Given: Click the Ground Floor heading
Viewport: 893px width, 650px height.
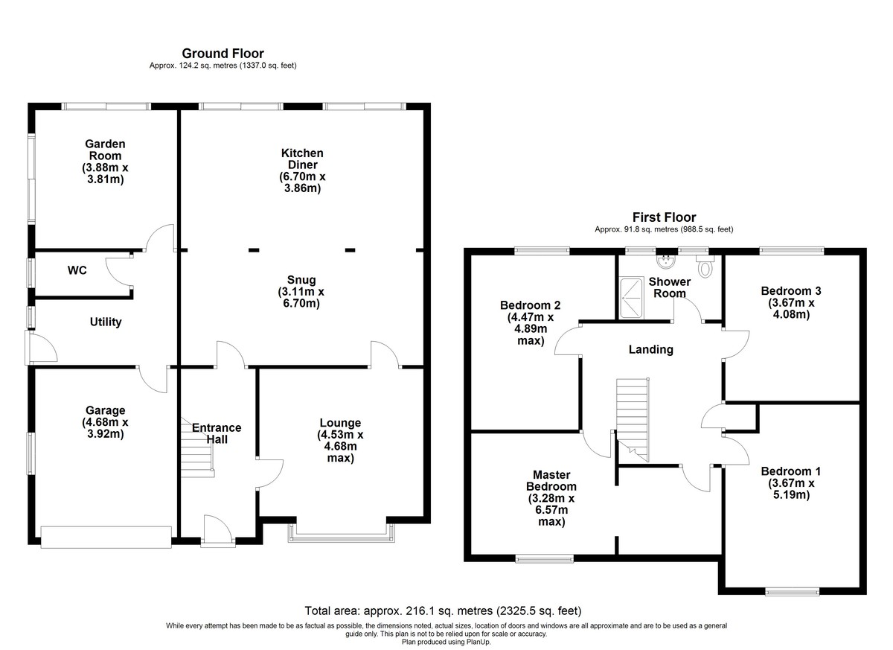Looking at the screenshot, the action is (x=223, y=54).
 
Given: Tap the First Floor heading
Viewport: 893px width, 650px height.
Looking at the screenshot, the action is (x=664, y=217).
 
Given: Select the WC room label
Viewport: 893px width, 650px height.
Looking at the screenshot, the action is (x=77, y=270).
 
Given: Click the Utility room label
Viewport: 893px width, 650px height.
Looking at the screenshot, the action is (x=106, y=322).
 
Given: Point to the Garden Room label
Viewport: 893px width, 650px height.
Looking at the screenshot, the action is (x=105, y=150).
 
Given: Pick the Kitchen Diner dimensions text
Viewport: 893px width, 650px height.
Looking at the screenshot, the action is (x=302, y=182).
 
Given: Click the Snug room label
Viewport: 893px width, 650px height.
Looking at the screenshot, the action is (x=301, y=279).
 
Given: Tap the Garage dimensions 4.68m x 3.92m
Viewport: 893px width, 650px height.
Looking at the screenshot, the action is (x=105, y=428).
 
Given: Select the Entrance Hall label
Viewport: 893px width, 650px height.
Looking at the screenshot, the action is (x=217, y=433).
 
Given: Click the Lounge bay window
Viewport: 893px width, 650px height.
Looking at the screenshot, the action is (x=342, y=536).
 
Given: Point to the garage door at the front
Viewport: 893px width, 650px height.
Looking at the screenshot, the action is (x=106, y=537).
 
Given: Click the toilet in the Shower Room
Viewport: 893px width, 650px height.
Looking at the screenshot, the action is (x=705, y=267).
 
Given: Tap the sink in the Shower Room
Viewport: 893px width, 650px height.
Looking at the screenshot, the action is (x=665, y=261).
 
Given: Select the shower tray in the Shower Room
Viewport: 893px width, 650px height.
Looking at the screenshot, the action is (x=631, y=298).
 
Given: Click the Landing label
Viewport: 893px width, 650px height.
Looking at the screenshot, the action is (x=651, y=350).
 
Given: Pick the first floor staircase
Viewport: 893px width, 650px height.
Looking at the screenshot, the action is (x=633, y=420).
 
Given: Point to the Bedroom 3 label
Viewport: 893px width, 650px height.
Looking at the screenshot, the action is (x=791, y=291).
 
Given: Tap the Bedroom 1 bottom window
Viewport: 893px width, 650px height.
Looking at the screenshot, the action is (x=792, y=591).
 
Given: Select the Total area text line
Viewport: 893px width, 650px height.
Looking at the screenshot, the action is (x=443, y=611).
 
